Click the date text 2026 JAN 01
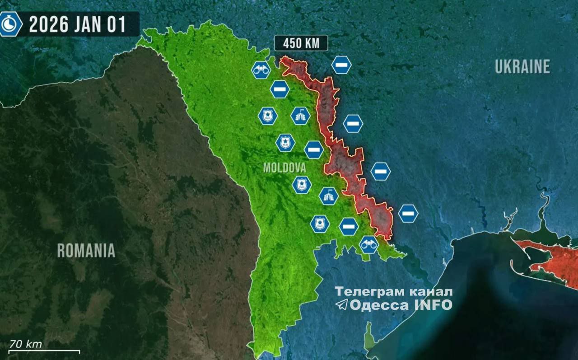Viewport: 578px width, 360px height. pos(77,24)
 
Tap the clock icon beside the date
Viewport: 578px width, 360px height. pos(10,24)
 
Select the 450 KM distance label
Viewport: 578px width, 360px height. pos(301,44)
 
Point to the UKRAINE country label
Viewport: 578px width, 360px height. pos(522,67)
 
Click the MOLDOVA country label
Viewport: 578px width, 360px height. pos(284,168)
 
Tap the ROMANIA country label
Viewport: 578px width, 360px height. pos(86,250)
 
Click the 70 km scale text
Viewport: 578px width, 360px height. pos(26,344)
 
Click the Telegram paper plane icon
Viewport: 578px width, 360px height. pos(342,304)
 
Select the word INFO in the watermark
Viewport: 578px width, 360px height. pos(433,305)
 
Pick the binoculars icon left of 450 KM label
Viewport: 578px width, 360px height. pos(261,70)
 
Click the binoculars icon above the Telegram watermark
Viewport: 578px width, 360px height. pos(369,244)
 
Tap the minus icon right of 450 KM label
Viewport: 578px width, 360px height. pos(341,65)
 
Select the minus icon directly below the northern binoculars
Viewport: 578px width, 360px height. pos(280,89)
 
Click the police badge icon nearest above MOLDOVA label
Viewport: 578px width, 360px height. pos(285,143)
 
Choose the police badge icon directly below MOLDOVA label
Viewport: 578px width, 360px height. pos(301,185)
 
